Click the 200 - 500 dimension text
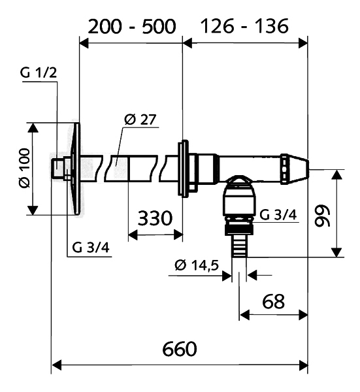(x=132, y=27)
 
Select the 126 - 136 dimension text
(x=245, y=26)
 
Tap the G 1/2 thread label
(x=39, y=73)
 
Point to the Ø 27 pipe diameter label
(x=140, y=120)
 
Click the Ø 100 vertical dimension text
(x=24, y=168)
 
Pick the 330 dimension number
(x=155, y=218)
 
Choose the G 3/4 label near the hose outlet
(x=278, y=215)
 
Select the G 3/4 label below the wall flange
(x=91, y=248)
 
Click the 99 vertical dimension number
(x=322, y=216)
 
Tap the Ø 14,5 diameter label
(x=197, y=265)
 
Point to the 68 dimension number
(x=273, y=301)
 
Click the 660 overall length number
(x=180, y=349)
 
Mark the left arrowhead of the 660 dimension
(x=56, y=365)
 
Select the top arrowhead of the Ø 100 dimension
(x=33, y=127)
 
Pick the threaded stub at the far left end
(x=57, y=168)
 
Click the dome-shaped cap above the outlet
(x=239, y=180)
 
